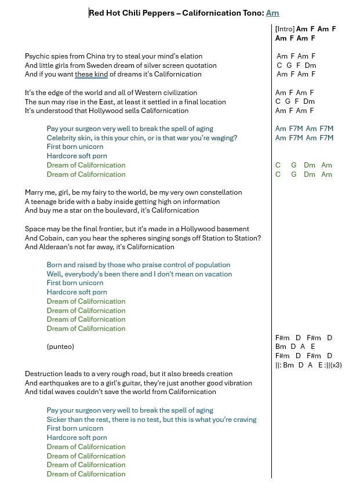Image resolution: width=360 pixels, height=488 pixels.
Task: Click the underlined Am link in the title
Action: point(272,13)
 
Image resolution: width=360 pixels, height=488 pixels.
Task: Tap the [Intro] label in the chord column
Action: point(285,29)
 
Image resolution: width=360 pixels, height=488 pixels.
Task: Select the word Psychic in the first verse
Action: point(37,56)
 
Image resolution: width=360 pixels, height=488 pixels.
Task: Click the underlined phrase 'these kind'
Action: point(91,74)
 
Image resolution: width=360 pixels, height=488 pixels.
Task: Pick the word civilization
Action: point(179,93)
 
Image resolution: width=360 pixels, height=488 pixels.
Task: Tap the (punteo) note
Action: point(60,347)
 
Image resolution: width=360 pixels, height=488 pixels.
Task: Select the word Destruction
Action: point(45,374)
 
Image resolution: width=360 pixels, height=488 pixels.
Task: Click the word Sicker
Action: point(57,420)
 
